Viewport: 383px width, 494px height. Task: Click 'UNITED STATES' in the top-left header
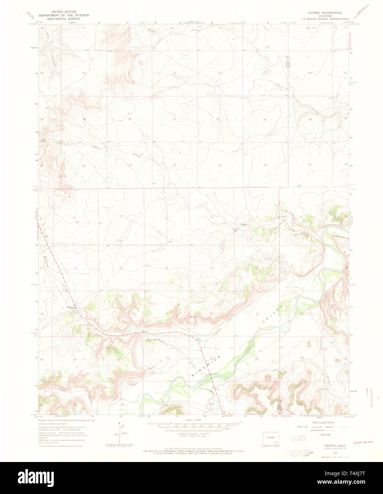pyautogui.click(x=64, y=12)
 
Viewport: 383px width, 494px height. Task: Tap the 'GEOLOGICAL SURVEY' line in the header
pyautogui.click(x=64, y=19)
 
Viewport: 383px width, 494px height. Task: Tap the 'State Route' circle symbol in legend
pyautogui.click(x=318, y=434)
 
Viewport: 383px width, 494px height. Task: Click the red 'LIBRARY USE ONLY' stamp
pyautogui.click(x=363, y=442)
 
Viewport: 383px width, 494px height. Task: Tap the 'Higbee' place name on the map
pyautogui.click(x=144, y=331)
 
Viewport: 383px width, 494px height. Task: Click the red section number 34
pyautogui.click(x=174, y=165)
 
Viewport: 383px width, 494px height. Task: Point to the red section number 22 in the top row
pyautogui.click(x=174, y=73)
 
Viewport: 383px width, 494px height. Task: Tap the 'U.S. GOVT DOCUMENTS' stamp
pyautogui.click(x=298, y=439)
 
